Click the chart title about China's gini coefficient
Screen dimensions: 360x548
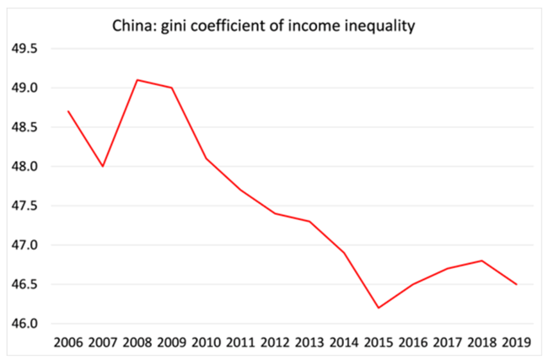click(265, 26)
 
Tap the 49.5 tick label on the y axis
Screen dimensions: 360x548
click(24, 49)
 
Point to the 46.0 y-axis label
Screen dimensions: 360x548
click(24, 324)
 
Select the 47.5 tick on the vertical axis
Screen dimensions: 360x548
click(24, 206)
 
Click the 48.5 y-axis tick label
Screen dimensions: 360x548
click(24, 127)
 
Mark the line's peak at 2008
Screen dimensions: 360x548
click(137, 80)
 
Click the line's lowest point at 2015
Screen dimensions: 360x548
click(379, 308)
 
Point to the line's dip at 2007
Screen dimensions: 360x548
click(103, 166)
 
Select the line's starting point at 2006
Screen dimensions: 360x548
click(68, 111)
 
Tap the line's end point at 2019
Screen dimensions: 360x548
click(516, 284)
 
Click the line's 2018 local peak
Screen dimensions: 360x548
click(481, 261)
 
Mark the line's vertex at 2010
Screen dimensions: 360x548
click(207, 159)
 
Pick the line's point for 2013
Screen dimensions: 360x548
click(309, 222)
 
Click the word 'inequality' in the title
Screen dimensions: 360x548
click(382, 26)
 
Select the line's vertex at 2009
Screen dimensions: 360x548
click(172, 88)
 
